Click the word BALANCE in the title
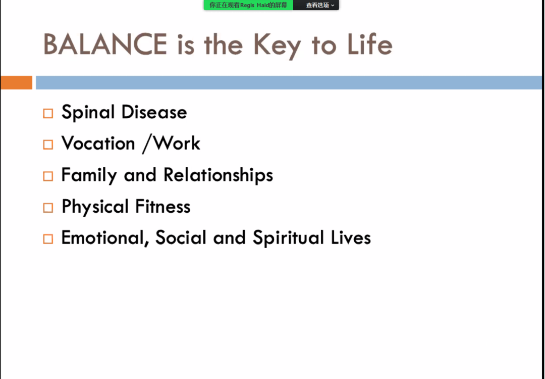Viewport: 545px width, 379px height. [x=105, y=44]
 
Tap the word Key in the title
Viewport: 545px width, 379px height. [x=277, y=46]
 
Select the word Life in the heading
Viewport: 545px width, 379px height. [x=370, y=44]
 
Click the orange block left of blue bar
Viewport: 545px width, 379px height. [x=16, y=82]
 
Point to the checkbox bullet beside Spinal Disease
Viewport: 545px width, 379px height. [x=48, y=114]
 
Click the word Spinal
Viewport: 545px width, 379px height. [x=88, y=112]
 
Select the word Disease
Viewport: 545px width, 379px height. [x=154, y=112]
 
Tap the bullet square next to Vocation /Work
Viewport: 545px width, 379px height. [x=48, y=145]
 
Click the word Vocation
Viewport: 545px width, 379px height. [x=98, y=143]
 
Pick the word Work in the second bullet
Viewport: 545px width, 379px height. [x=177, y=143]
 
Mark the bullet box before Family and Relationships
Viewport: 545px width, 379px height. [x=48, y=176]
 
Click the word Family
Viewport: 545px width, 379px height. [x=89, y=175]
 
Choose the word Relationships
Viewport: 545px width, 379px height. [x=219, y=175]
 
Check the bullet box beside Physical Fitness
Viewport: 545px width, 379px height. [x=48, y=208]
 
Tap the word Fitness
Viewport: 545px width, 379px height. [x=162, y=206]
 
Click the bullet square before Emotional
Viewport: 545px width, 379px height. [x=48, y=239]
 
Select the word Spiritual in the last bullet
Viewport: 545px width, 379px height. [x=288, y=238]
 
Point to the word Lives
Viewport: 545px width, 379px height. [x=351, y=238]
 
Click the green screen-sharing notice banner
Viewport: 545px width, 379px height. [x=248, y=5]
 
